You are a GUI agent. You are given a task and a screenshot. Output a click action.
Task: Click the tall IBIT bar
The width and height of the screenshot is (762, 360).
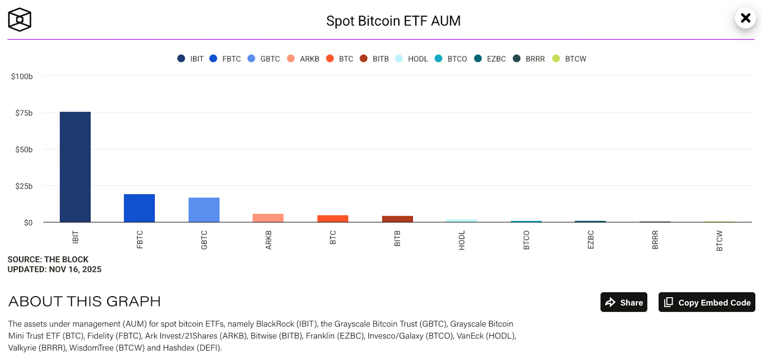[x=75, y=167]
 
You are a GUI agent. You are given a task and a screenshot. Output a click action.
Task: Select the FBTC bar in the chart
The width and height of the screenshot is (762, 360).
[x=139, y=208]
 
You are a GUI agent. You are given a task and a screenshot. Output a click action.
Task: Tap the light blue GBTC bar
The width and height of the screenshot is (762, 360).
[x=204, y=210]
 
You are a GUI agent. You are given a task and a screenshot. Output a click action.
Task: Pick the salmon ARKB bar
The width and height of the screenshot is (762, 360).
[x=268, y=218]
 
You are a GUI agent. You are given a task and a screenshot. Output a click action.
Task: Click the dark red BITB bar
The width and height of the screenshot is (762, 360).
[x=397, y=219]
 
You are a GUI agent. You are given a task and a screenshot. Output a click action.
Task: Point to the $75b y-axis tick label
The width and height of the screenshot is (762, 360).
[x=24, y=113]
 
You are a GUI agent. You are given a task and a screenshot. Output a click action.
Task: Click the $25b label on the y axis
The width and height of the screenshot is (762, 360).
[x=24, y=186]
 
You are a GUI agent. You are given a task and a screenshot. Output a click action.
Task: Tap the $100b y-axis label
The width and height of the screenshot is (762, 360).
[x=22, y=76]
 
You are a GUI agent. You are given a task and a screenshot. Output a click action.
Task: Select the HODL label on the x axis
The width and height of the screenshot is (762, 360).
[x=461, y=240]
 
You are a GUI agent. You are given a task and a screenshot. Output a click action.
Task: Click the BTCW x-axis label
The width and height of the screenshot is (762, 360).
[x=720, y=240]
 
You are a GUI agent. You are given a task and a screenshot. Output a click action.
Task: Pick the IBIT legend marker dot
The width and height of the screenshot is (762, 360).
[x=181, y=59]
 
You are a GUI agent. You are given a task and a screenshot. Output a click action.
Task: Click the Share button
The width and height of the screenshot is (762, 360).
[x=624, y=302]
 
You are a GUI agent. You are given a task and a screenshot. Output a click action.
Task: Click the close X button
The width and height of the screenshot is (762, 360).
[x=745, y=18]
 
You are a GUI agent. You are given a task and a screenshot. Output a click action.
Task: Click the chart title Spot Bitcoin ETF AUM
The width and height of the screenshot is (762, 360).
[x=393, y=21]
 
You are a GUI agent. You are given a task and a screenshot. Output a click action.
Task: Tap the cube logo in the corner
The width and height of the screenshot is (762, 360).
[x=20, y=20]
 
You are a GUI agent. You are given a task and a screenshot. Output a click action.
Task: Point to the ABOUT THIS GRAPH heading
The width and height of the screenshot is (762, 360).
[x=84, y=301]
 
